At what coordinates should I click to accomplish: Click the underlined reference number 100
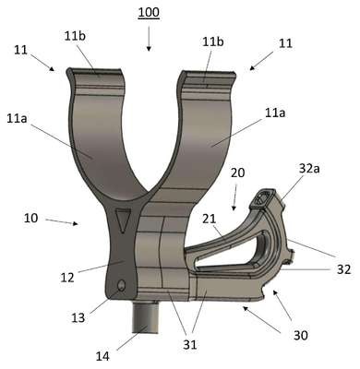pos(149,13)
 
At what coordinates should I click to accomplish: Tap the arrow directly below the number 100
pos(149,39)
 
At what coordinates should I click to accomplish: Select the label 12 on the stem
pos(67,278)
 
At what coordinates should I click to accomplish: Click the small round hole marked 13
pos(121,285)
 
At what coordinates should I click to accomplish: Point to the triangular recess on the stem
pos(123,220)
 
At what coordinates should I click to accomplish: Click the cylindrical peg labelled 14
pos(146,317)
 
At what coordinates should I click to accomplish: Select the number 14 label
pos(102,356)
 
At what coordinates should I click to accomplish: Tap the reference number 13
pos(78,317)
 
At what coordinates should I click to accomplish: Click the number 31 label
pos(190,345)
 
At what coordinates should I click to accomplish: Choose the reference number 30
pos(300,335)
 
